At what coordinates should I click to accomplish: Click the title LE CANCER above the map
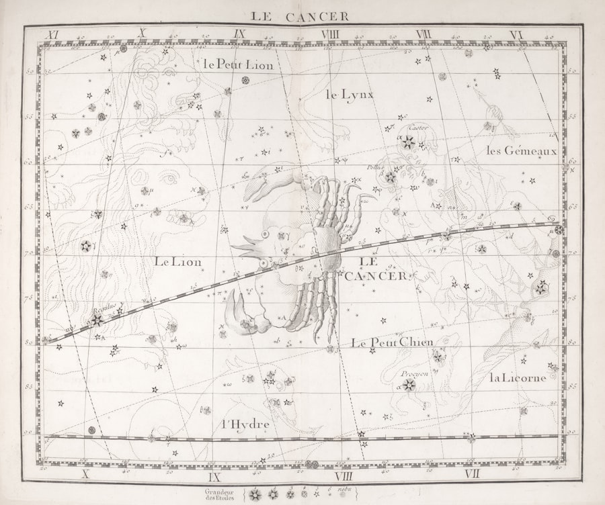click(x=300, y=16)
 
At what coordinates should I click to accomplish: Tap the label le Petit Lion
click(x=238, y=64)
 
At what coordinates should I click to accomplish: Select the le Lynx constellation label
click(x=350, y=95)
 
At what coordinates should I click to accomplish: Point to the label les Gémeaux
click(x=522, y=150)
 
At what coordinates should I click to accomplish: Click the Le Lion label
click(x=177, y=261)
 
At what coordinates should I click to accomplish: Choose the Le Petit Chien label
click(x=392, y=342)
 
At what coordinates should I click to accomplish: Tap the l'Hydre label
click(x=245, y=424)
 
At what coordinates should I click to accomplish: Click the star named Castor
click(x=408, y=142)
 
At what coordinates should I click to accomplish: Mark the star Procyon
click(x=409, y=385)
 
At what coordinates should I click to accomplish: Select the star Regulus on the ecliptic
click(x=97, y=320)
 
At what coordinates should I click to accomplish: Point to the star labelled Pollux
click(x=390, y=177)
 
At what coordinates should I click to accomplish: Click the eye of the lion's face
click(x=168, y=178)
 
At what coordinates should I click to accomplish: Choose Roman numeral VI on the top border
click(x=516, y=34)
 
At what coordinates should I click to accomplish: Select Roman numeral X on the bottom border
click(x=85, y=475)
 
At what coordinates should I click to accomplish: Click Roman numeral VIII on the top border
click(x=330, y=34)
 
